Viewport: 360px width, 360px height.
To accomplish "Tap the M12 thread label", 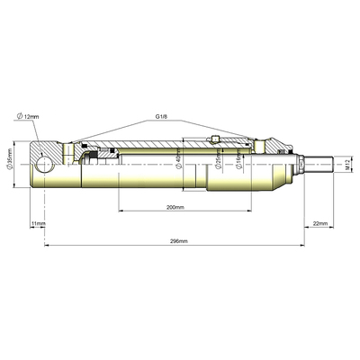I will (x=346, y=165).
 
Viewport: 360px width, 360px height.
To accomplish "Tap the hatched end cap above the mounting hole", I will (x=47, y=149).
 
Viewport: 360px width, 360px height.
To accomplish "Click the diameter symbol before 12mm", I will (x=18, y=117).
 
